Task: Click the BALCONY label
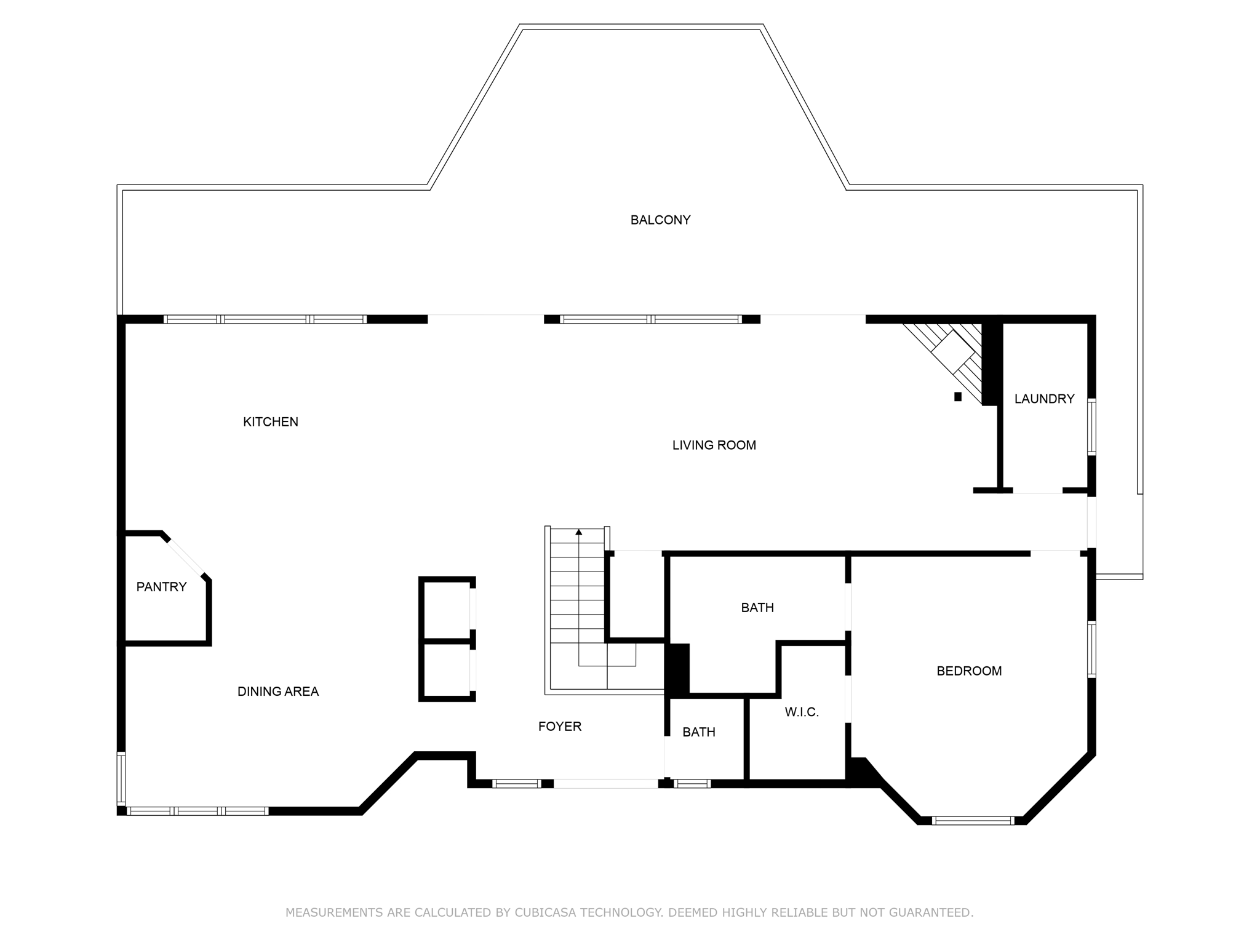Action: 660,220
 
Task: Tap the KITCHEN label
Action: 271,422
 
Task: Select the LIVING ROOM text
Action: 714,445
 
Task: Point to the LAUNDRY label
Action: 1044,399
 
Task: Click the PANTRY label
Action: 161,587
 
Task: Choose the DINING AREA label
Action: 278,692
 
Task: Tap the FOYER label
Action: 560,727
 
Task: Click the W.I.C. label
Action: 802,712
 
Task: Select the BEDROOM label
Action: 969,671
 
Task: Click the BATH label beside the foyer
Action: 699,732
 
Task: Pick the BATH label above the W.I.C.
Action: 757,608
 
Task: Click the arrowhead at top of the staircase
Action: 578,532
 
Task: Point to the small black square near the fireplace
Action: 957,397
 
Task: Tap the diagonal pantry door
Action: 186,557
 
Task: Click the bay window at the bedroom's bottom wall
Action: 972,820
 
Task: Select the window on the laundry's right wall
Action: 1091,427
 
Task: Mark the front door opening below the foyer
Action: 605,783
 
